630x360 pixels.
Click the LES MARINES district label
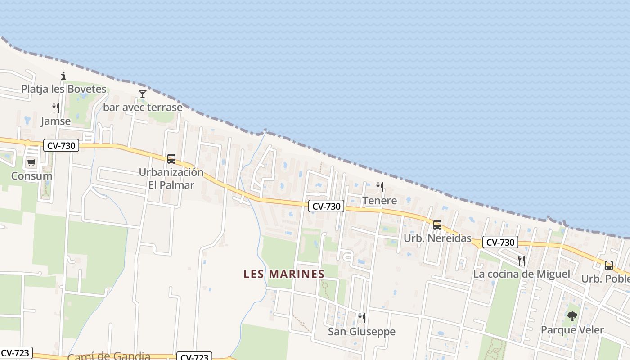coord(284,274)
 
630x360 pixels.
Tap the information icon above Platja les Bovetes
coord(63,76)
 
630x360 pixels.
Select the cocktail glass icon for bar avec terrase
coord(143,94)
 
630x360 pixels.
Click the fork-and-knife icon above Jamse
coord(56,108)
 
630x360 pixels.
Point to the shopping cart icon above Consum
coord(31,162)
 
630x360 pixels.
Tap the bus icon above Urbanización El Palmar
coord(171,158)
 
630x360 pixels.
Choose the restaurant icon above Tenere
coord(380,187)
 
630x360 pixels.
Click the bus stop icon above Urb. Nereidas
coord(437,225)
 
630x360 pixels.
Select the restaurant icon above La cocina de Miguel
coord(521,260)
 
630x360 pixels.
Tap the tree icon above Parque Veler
coord(572,316)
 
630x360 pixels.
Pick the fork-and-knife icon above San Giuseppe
coord(361,318)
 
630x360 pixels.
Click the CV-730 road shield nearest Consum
coord(61,145)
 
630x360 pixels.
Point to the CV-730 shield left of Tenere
coord(326,207)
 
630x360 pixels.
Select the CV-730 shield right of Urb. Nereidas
coord(500,243)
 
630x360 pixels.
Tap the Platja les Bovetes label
coord(64,89)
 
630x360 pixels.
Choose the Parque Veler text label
coord(572,330)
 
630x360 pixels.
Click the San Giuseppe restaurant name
coord(361,332)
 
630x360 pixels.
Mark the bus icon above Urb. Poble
coord(609,265)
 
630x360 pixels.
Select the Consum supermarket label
coord(31,176)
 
